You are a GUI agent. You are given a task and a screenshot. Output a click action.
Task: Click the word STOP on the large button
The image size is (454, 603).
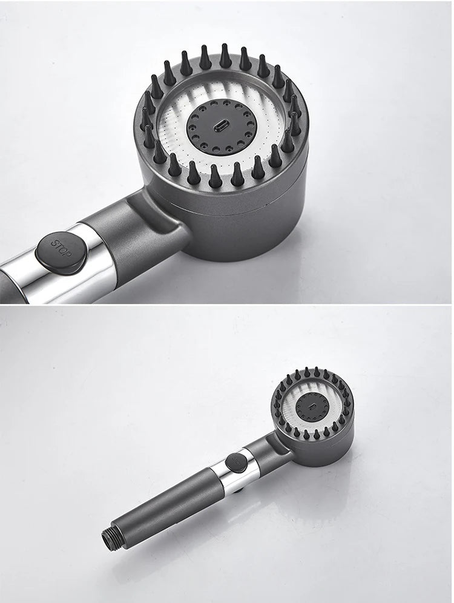pos(61,248)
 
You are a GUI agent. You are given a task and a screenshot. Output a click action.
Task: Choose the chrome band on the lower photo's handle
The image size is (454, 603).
pos(232,472)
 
